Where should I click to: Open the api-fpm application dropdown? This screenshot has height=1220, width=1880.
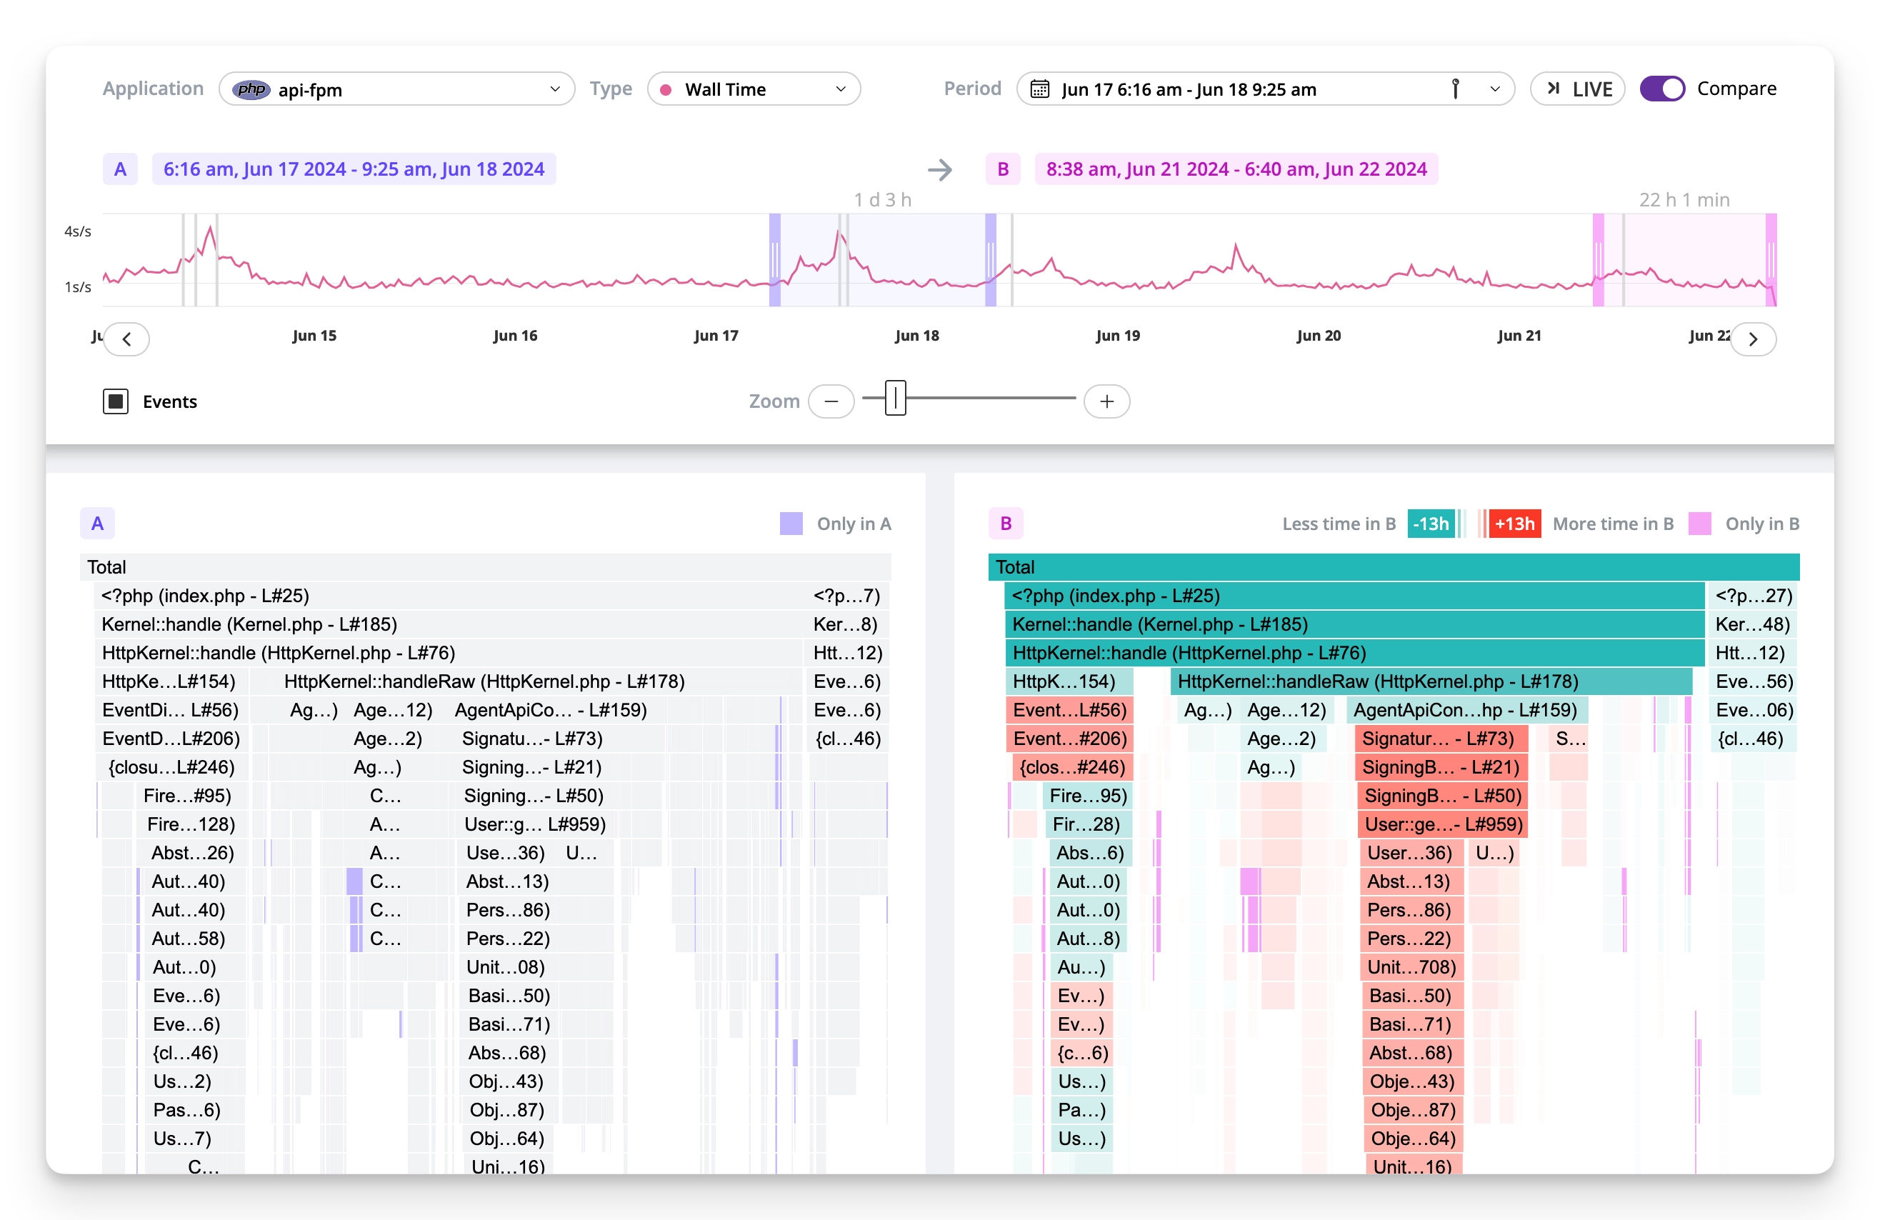396,89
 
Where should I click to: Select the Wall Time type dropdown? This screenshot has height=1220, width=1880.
753,89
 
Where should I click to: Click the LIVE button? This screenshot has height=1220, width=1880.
1577,89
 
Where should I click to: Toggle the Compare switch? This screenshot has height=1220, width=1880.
1662,89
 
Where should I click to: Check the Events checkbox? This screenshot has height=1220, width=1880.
115,401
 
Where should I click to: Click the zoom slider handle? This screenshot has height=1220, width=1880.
895,399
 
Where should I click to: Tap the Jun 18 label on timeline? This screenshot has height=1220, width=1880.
917,336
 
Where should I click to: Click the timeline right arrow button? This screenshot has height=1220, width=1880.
1753,339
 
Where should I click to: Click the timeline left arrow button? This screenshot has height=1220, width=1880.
126,339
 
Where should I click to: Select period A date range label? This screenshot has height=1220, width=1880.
353,169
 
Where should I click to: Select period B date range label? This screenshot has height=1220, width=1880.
1236,169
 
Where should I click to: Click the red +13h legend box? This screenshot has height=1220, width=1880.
1514,524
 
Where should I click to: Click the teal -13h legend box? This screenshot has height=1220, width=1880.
1431,524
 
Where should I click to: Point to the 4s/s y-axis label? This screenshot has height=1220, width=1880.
77,231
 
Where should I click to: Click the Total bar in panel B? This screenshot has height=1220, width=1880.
1394,567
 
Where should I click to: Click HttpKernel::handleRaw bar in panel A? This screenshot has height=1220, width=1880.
484,682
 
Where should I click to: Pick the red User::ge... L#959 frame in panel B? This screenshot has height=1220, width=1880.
1442,825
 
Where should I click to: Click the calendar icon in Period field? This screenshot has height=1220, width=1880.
1040,89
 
